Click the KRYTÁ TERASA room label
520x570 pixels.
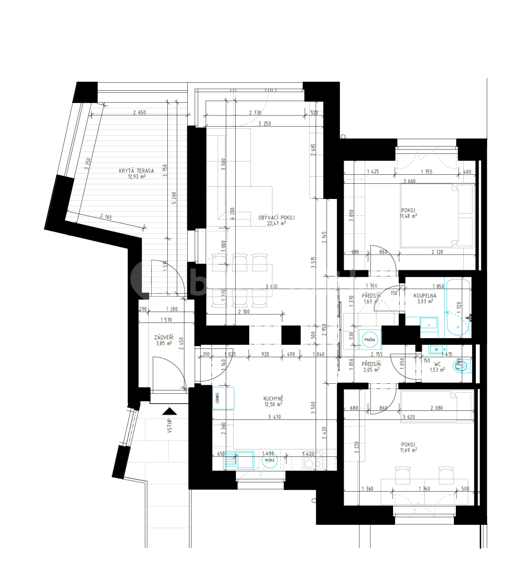pyautogui.click(x=136, y=171)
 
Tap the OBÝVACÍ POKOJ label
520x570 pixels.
pyautogui.click(x=276, y=218)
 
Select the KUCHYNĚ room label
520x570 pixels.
pyautogui.click(x=273, y=399)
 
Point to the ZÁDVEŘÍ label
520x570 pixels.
pyautogui.click(x=164, y=338)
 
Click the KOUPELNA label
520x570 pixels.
pyautogui.click(x=424, y=295)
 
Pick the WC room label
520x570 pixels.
pyautogui.click(x=437, y=364)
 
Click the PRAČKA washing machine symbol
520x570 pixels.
pyautogui.click(x=370, y=340)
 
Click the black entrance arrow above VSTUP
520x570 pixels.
pyautogui.click(x=169, y=411)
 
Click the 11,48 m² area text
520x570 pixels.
pyautogui.click(x=408, y=216)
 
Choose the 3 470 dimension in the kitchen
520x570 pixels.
pyautogui.click(x=274, y=417)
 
